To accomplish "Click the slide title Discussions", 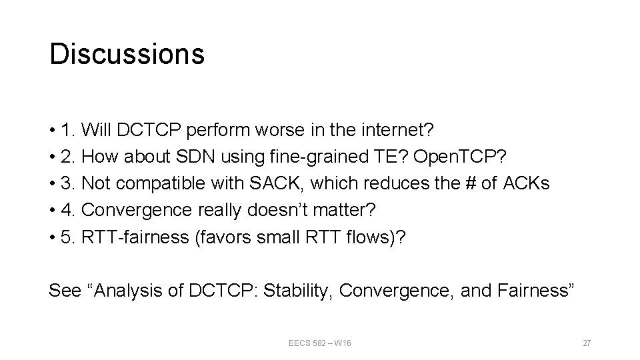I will (x=127, y=54).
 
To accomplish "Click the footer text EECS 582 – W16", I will (x=320, y=343).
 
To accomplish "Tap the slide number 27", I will (x=587, y=343).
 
